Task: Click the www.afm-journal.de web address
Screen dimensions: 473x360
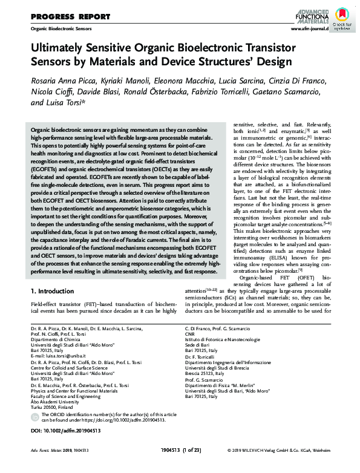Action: pyautogui.click(x=309, y=28)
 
